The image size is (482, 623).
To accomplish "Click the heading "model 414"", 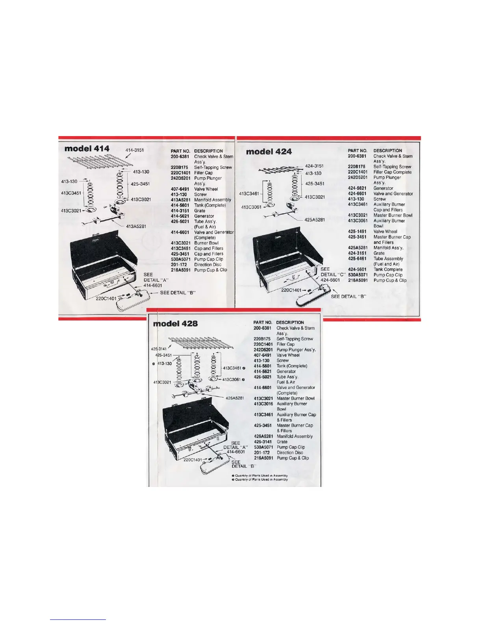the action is point(87,148).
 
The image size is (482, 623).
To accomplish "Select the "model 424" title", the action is point(269,151).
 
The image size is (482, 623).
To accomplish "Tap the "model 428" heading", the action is point(176,324).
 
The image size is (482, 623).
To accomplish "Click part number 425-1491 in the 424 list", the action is point(357,232).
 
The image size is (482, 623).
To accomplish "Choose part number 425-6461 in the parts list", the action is point(357,259).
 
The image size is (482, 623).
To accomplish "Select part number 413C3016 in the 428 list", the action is point(263,404).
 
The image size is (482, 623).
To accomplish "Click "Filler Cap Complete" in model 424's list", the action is point(392,172).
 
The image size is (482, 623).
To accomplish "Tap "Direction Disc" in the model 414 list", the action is point(208,265).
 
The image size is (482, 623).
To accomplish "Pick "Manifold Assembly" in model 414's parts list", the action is point(213,200).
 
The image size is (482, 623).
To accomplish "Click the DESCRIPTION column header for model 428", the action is point(290,323).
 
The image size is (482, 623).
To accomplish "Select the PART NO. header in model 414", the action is point(180,151).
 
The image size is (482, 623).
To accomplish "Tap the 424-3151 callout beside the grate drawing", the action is point(314,166).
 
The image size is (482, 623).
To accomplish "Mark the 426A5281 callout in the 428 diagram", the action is point(235,398).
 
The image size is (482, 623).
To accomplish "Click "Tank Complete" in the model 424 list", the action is point(388,270).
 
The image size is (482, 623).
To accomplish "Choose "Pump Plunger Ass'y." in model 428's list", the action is point(296,350).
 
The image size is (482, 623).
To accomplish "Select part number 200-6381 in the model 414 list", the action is point(180,157).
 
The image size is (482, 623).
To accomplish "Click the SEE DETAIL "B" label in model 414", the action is point(178,293).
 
